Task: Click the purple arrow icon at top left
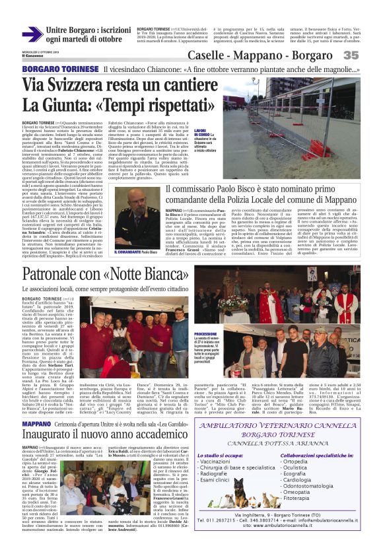tap(32, 34)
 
